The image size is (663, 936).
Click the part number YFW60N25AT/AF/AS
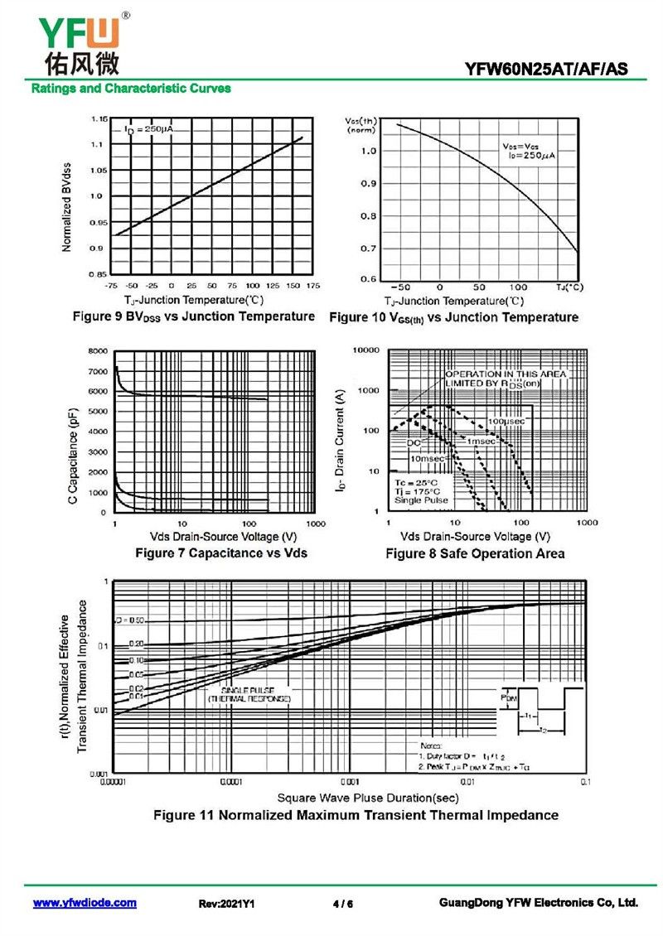560,69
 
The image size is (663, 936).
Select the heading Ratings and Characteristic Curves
131,88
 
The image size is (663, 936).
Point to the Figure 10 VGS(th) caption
453,317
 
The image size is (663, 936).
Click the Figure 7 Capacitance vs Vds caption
220,552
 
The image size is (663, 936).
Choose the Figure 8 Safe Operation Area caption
475,553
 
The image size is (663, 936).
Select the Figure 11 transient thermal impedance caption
356,815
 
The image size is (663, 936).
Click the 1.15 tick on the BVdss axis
99,119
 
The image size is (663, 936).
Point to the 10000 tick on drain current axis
365,350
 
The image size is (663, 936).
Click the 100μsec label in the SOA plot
506,422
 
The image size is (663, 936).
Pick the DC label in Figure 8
414,443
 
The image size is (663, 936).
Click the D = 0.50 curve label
130,620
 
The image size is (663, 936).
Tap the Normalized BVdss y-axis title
67,207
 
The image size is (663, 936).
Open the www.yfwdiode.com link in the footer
85,903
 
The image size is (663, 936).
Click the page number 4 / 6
342,904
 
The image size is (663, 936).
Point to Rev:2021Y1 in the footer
226,904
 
